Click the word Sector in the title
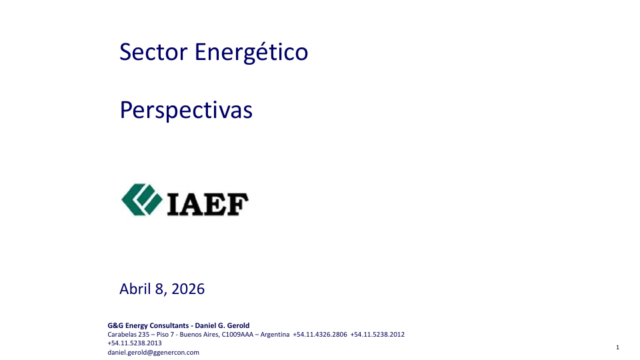[153, 52]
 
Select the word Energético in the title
[251, 53]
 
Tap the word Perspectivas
[186, 110]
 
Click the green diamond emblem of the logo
[141, 199]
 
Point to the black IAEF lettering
[208, 204]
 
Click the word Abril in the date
[135, 289]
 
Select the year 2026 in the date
[188, 289]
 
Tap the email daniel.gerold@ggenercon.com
[153, 352]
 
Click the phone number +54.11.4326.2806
[320, 334]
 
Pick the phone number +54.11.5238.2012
[377, 334]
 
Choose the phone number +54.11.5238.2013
[135, 343]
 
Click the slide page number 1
[617, 347]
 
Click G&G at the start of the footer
[115, 325]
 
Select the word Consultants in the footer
[169, 325]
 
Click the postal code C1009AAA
[237, 334]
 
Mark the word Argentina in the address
[275, 334]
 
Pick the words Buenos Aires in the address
[199, 334]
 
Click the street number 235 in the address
[144, 334]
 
